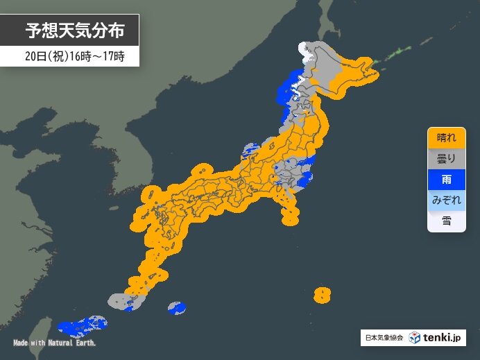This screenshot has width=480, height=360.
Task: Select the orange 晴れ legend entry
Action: [446, 137]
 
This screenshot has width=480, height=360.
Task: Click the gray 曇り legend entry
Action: [446, 159]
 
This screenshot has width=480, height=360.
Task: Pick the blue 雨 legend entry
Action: [446, 180]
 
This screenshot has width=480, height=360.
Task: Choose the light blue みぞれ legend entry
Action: [446, 200]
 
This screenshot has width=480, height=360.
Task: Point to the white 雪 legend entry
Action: [446, 221]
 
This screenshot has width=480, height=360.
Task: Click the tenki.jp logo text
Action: [443, 338]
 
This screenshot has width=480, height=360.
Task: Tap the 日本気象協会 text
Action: [383, 338]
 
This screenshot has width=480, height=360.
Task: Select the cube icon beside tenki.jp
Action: [414, 338]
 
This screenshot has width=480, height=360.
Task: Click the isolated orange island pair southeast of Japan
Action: [321, 295]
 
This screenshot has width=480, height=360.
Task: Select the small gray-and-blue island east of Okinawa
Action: [177, 307]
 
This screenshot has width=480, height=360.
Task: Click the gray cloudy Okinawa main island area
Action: [121, 301]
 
